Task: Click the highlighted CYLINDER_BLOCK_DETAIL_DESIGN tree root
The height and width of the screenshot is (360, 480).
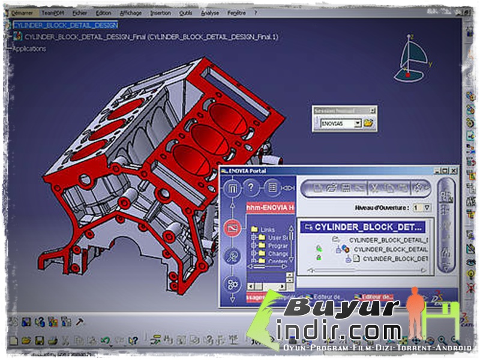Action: coord(65,25)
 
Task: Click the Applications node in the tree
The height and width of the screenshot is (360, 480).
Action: coord(29,49)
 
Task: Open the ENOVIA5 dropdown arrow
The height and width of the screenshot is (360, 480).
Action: coord(358,123)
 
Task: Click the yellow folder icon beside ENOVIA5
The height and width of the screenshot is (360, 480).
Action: coord(368,123)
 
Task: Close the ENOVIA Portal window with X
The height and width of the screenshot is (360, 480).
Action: coord(453,171)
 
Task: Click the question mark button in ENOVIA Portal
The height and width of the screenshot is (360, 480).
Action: coord(251,188)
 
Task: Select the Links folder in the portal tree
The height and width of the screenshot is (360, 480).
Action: coord(267,229)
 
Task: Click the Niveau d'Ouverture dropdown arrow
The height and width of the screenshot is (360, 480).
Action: coord(427,208)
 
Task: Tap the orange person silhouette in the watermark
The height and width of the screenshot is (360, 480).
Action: coord(414,312)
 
